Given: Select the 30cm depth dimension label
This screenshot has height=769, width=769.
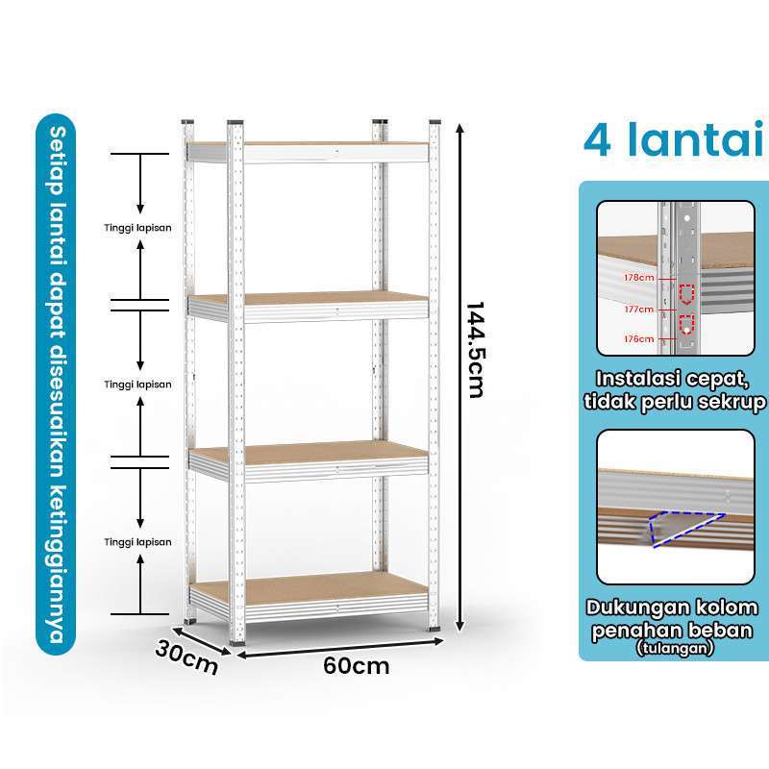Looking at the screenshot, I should pyautogui.click(x=186, y=657).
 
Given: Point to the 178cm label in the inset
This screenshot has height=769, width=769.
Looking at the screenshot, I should pyautogui.click(x=637, y=278).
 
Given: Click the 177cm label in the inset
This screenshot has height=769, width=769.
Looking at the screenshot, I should pyautogui.click(x=637, y=310).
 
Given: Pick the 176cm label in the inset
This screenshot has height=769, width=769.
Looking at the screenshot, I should pyautogui.click(x=637, y=338).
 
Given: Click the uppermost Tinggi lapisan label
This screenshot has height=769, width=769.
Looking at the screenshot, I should pyautogui.click(x=138, y=228).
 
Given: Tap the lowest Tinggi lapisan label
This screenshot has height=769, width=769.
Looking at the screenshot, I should pyautogui.click(x=138, y=542).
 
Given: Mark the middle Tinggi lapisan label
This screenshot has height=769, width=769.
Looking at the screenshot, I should pyautogui.click(x=138, y=384).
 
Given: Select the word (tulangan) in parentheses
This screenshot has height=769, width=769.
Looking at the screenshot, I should pyautogui.click(x=676, y=649).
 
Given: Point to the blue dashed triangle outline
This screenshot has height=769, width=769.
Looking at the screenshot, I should pyautogui.click(x=684, y=528).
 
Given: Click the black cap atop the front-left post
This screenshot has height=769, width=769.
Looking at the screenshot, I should pyautogui.click(x=235, y=123).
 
